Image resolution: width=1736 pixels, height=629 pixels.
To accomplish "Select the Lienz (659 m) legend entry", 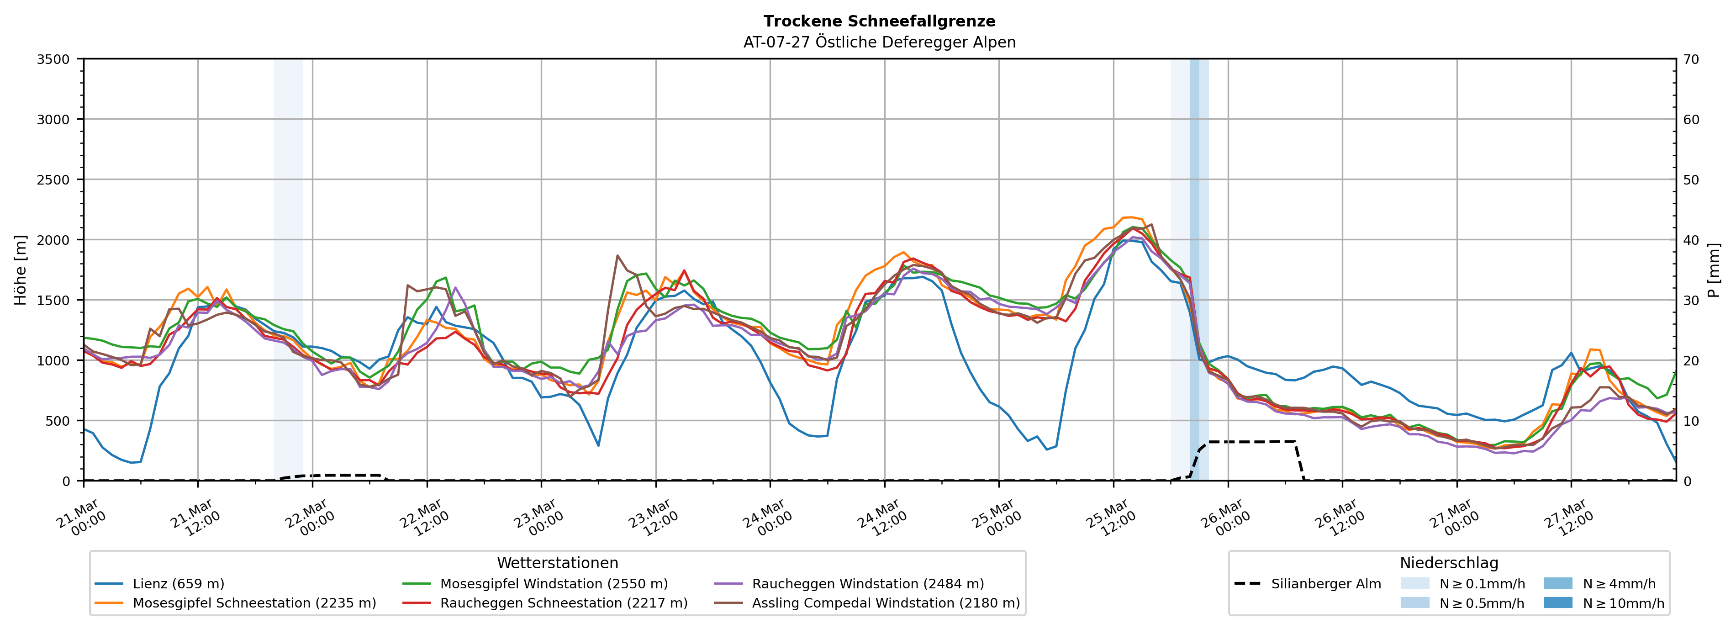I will click(x=178, y=584).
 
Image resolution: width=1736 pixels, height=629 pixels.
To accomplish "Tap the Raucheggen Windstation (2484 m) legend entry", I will click(x=867, y=584).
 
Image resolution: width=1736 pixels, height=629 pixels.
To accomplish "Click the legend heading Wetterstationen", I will click(x=557, y=563).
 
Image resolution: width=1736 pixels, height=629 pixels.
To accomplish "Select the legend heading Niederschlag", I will click(x=1449, y=563).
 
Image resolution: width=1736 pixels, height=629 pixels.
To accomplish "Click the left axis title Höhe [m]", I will click(x=21, y=270).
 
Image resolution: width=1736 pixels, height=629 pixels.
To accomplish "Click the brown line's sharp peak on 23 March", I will click(x=617, y=255).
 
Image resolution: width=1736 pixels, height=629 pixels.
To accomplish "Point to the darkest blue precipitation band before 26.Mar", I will click(x=1194, y=270).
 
